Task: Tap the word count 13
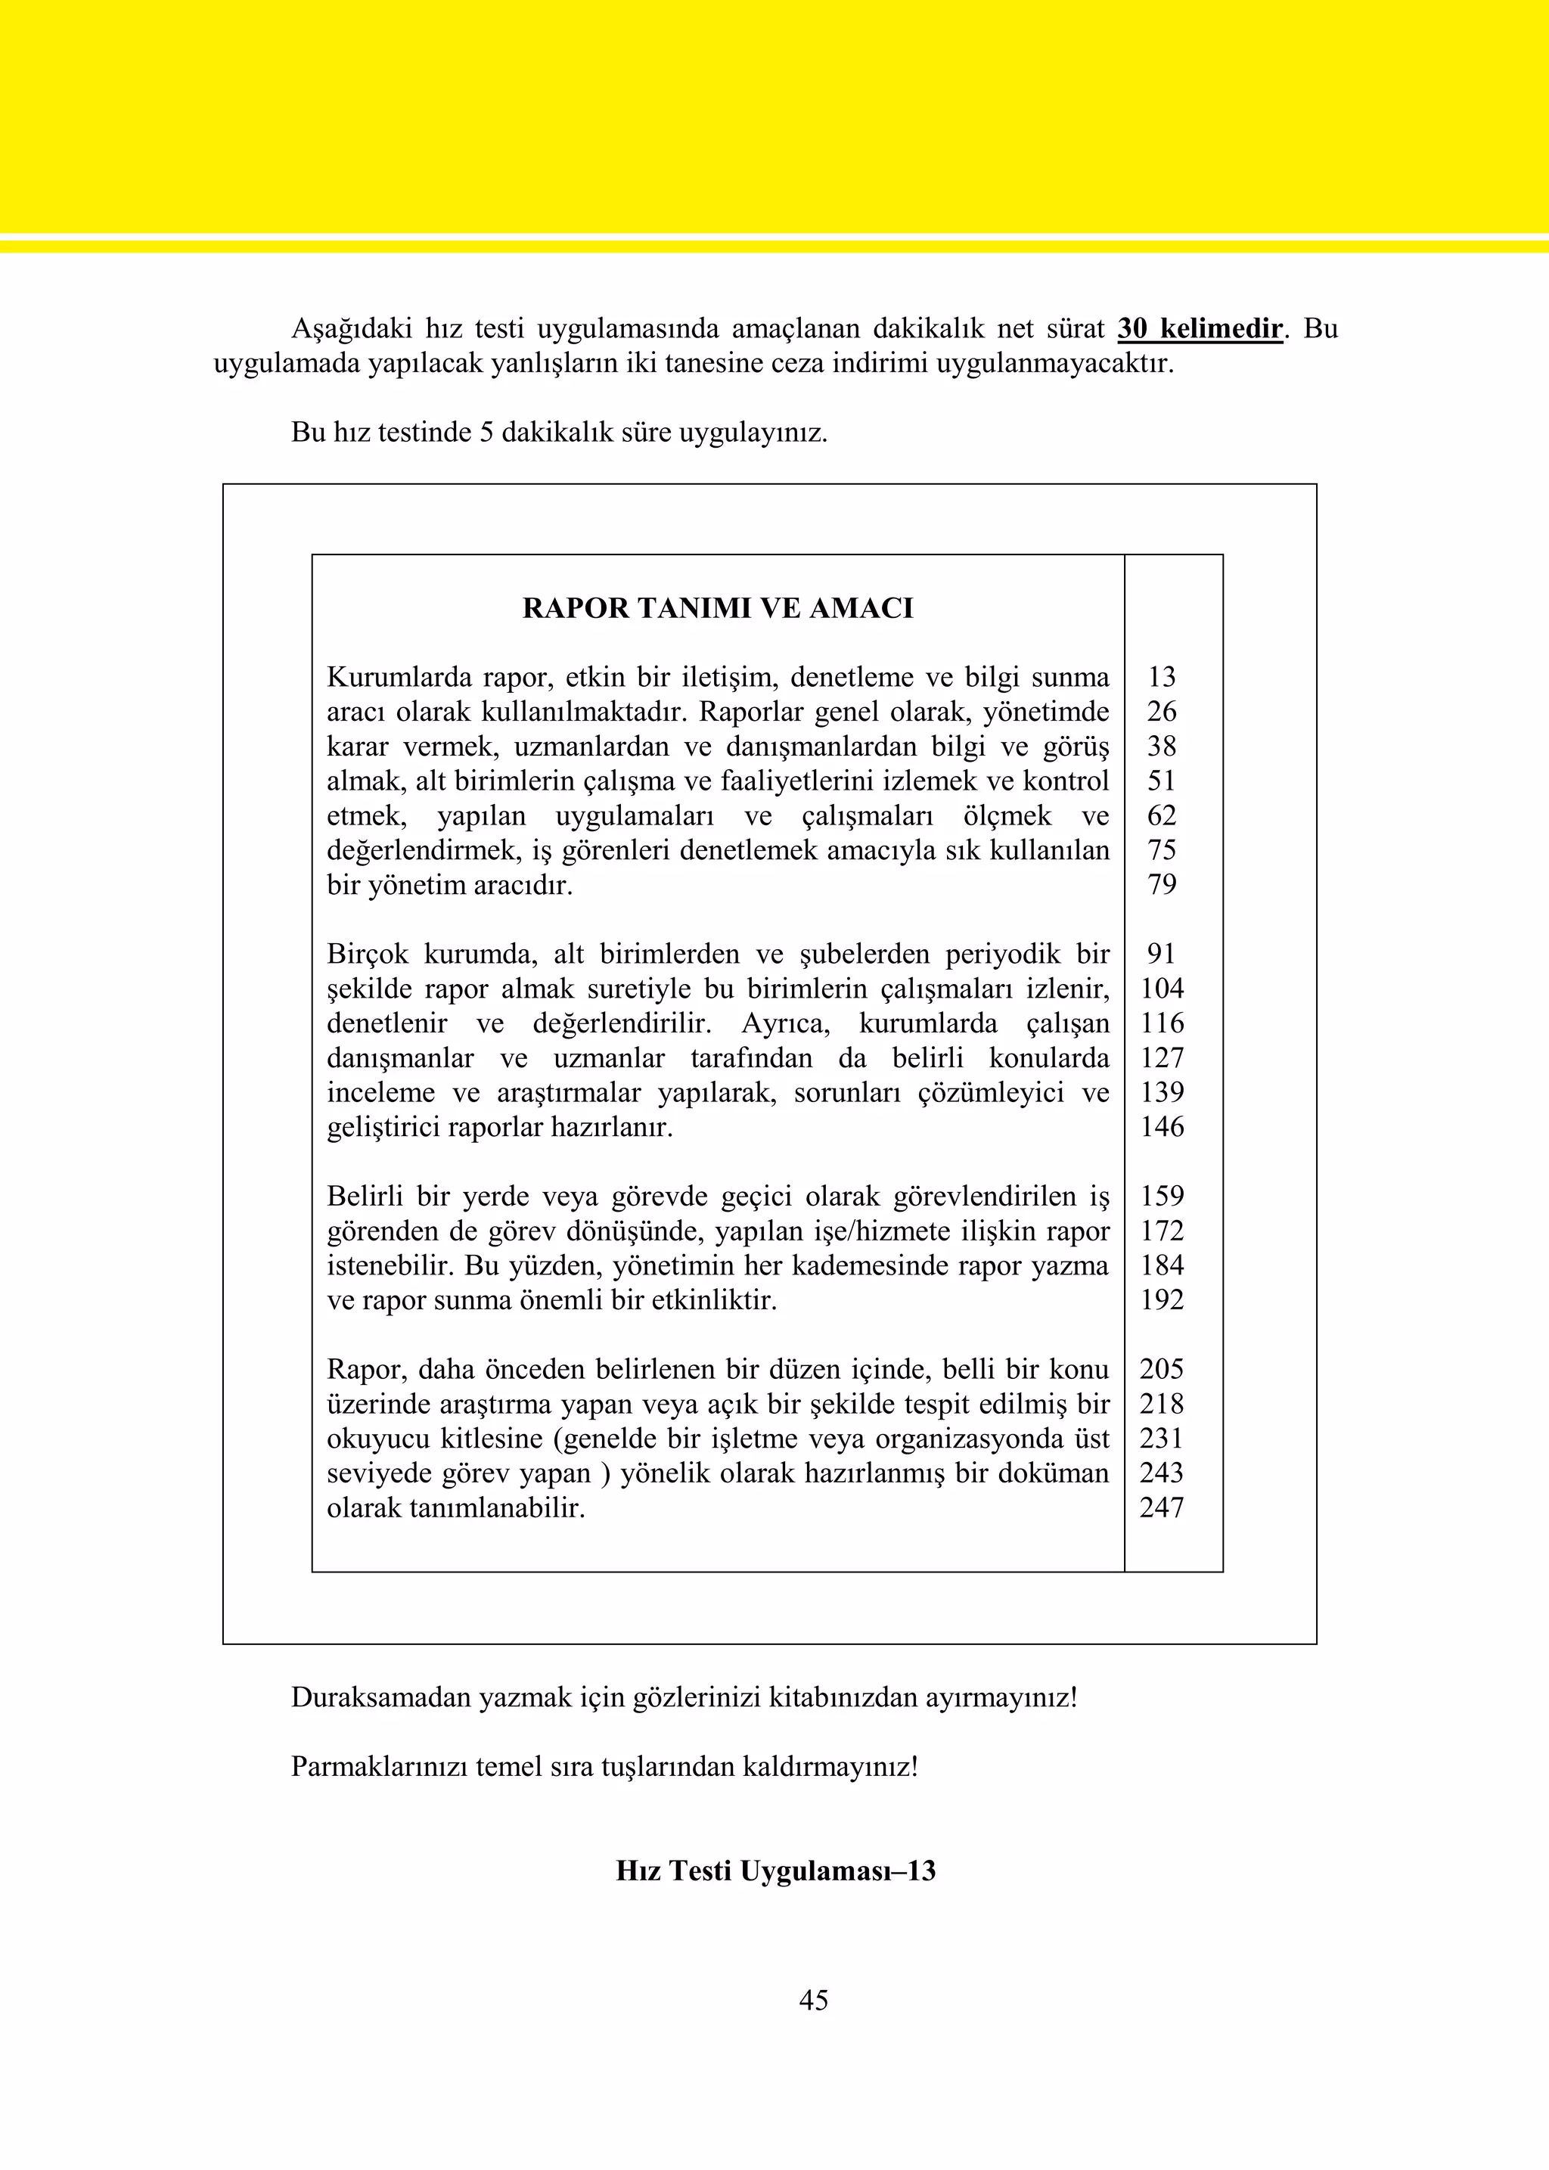(x=1161, y=677)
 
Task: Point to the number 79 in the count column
(x=1161, y=884)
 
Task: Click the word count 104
(x=1161, y=988)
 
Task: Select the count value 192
(x=1161, y=1300)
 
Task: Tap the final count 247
(x=1161, y=1507)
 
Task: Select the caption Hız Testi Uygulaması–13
(x=775, y=1870)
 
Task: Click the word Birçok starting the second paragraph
(x=368, y=954)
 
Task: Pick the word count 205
(x=1161, y=1369)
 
